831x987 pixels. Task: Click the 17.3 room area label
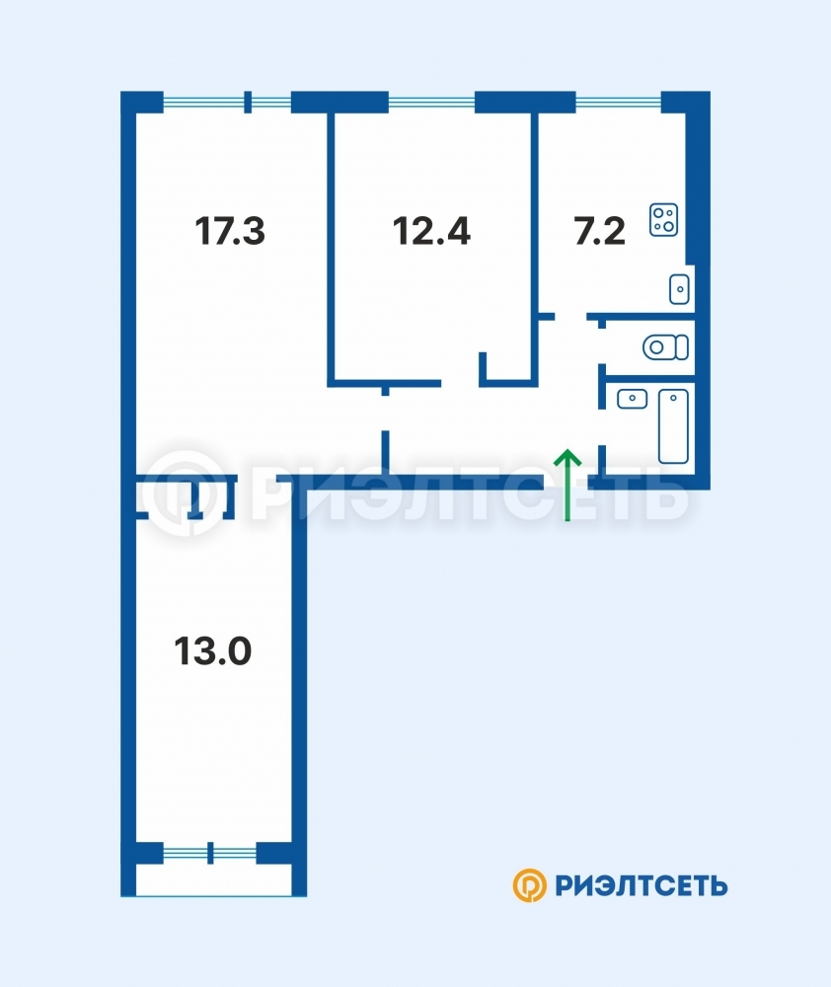click(x=230, y=230)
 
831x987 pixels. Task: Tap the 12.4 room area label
click(x=431, y=230)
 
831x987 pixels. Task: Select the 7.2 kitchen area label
click(x=599, y=230)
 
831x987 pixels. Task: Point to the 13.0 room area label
click(x=213, y=650)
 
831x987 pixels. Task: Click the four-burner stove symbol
click(x=663, y=220)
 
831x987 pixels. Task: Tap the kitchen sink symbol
click(x=679, y=289)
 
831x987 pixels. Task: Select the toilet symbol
click(x=665, y=346)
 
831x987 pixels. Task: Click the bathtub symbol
click(x=673, y=426)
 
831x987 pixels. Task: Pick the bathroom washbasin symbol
click(x=632, y=399)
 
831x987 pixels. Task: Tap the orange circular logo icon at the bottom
click(x=529, y=885)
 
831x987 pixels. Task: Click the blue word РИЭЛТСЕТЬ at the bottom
click(x=642, y=885)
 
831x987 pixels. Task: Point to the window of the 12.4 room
click(x=431, y=102)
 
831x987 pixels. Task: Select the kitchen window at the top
click(x=618, y=102)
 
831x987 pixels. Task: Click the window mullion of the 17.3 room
click(x=248, y=102)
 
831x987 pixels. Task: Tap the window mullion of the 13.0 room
click(x=210, y=853)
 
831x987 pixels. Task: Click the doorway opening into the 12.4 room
click(x=460, y=383)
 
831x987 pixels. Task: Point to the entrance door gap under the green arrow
click(x=566, y=483)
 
